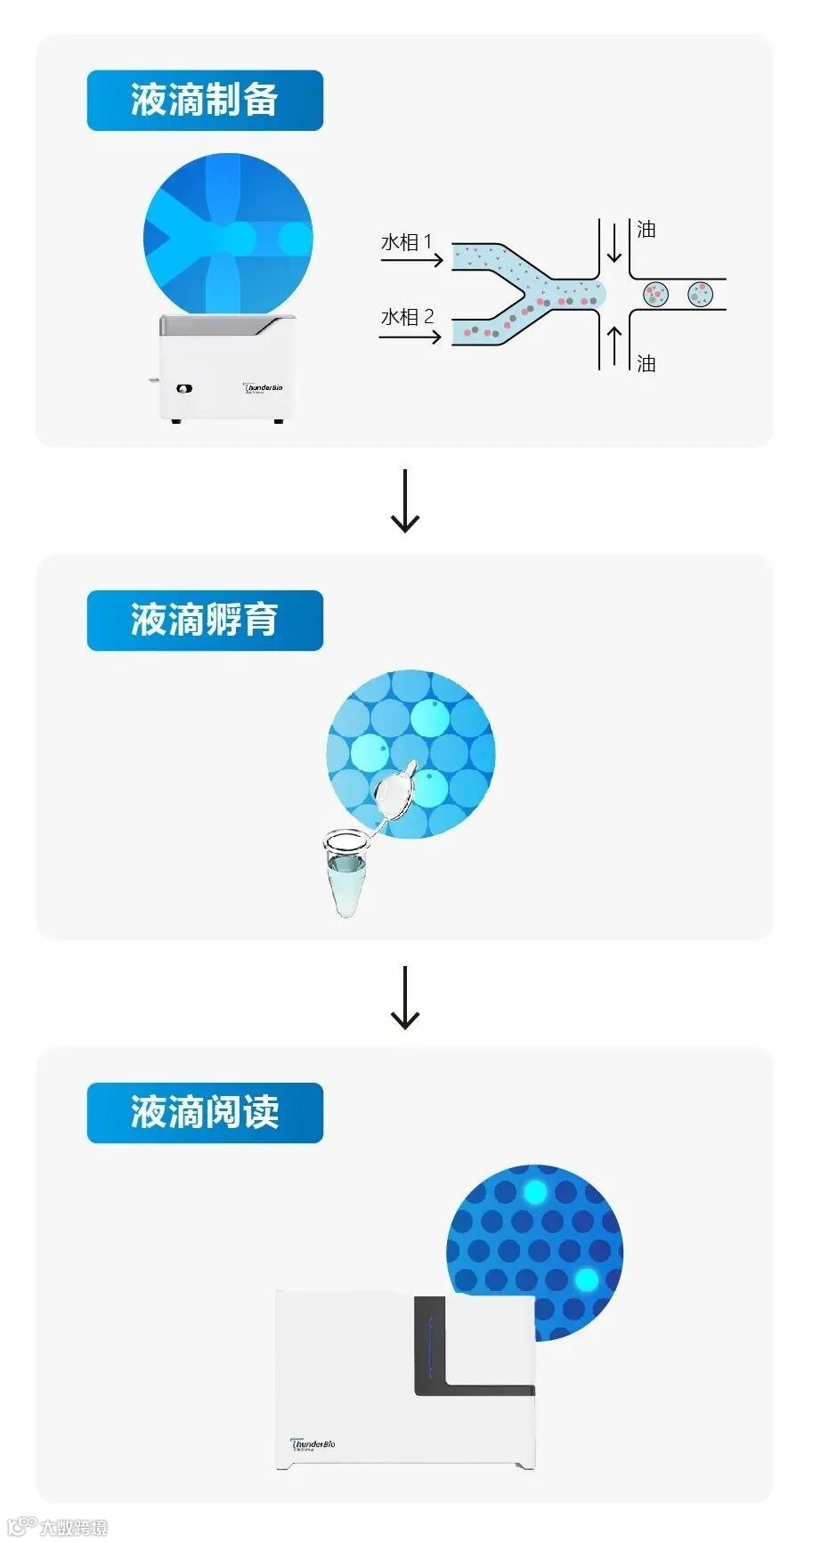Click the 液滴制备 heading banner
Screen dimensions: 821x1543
click(x=205, y=101)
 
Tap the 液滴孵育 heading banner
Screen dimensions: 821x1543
click(x=205, y=621)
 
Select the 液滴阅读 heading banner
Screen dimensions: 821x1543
click(x=205, y=1113)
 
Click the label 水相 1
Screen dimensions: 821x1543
click(x=406, y=242)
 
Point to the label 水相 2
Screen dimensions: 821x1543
click(x=407, y=317)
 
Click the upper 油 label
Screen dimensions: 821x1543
click(x=646, y=230)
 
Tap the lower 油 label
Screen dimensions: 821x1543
click(x=646, y=363)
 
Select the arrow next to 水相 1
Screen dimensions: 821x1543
click(x=411, y=260)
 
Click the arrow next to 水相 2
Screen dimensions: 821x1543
click(x=410, y=337)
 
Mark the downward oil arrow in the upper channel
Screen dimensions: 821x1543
click(x=614, y=242)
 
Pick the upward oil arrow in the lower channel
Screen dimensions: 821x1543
click(x=614, y=347)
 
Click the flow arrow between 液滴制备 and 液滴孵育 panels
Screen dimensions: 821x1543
click(x=405, y=501)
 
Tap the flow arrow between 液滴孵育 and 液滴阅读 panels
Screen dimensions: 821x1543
click(x=405, y=998)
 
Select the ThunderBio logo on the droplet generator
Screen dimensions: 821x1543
click(x=264, y=388)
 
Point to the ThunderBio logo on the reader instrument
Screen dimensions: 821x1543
click(x=313, y=1444)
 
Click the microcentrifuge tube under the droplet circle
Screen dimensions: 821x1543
click(x=345, y=873)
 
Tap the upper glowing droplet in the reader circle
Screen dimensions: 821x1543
click(x=535, y=1192)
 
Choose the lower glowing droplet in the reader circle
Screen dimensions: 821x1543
click(x=586, y=1279)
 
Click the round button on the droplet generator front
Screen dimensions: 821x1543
click(x=184, y=389)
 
